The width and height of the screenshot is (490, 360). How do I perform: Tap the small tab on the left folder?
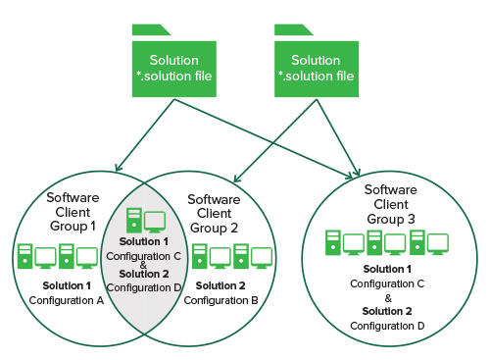[146, 29]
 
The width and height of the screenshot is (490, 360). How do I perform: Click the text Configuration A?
[67, 299]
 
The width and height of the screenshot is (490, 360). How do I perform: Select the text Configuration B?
[226, 299]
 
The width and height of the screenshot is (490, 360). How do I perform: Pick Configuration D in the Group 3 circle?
[387, 325]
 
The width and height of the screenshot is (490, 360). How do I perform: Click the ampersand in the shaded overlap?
[144, 264]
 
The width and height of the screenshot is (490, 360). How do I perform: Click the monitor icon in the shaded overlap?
[155, 222]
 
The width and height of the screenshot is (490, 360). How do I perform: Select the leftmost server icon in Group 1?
[24, 256]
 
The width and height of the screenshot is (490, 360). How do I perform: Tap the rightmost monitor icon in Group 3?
[437, 241]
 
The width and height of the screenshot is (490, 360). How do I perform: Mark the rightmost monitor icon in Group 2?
[262, 256]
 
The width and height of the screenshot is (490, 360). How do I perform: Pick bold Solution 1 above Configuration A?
[68, 285]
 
